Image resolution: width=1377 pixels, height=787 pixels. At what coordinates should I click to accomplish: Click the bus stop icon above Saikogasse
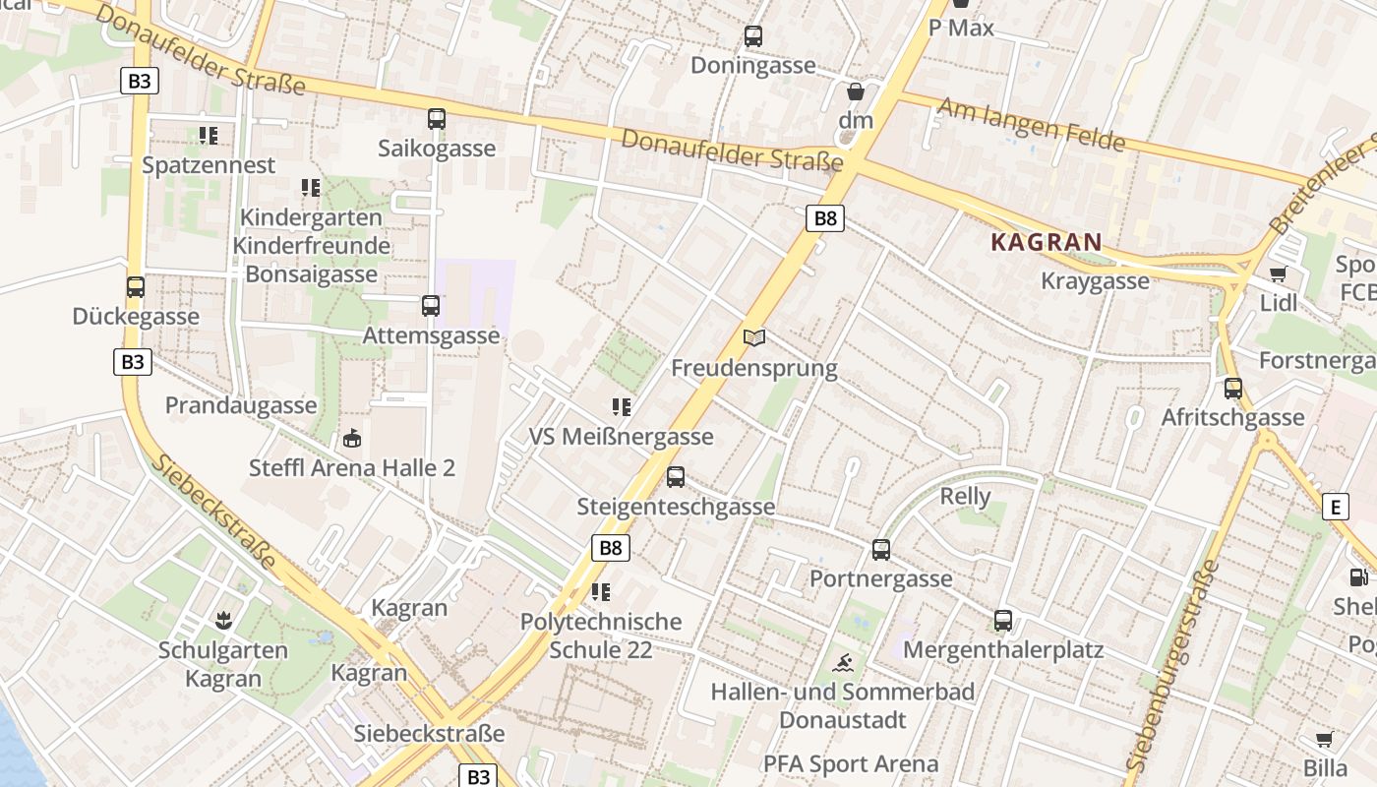click(437, 119)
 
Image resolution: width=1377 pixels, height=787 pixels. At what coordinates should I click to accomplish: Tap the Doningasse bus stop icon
click(753, 36)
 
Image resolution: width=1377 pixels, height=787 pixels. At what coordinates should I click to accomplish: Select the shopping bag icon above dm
click(856, 91)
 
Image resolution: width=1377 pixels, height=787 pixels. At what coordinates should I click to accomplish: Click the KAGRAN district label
click(1047, 242)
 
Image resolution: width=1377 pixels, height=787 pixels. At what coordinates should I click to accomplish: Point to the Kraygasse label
click(1095, 281)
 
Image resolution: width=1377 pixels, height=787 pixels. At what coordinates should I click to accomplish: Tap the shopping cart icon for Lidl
click(1278, 274)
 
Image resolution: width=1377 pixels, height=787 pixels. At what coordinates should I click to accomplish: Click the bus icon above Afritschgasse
click(1233, 389)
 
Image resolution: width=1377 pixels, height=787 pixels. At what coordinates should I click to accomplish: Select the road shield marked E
click(1335, 507)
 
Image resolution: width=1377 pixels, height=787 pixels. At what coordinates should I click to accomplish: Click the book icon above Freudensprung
click(754, 338)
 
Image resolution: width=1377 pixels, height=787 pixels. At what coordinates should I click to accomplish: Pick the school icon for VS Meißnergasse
click(622, 406)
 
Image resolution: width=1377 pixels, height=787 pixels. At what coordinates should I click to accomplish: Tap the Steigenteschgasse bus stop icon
click(676, 477)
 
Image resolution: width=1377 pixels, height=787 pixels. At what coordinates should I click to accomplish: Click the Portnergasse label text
click(880, 578)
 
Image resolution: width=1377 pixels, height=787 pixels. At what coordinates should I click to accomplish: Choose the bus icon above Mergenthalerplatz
click(1003, 621)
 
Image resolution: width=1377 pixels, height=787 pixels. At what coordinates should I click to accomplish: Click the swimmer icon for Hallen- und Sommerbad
click(843, 662)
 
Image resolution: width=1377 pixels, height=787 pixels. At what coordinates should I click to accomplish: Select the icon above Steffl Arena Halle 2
click(352, 439)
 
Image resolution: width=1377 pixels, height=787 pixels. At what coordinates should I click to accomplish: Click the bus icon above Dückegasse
click(136, 287)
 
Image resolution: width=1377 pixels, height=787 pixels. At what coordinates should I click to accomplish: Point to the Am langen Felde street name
click(1030, 124)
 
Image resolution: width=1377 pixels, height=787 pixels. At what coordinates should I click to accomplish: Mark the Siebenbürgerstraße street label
click(1170, 665)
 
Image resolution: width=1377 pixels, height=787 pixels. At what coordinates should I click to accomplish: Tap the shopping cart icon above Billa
click(1325, 739)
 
